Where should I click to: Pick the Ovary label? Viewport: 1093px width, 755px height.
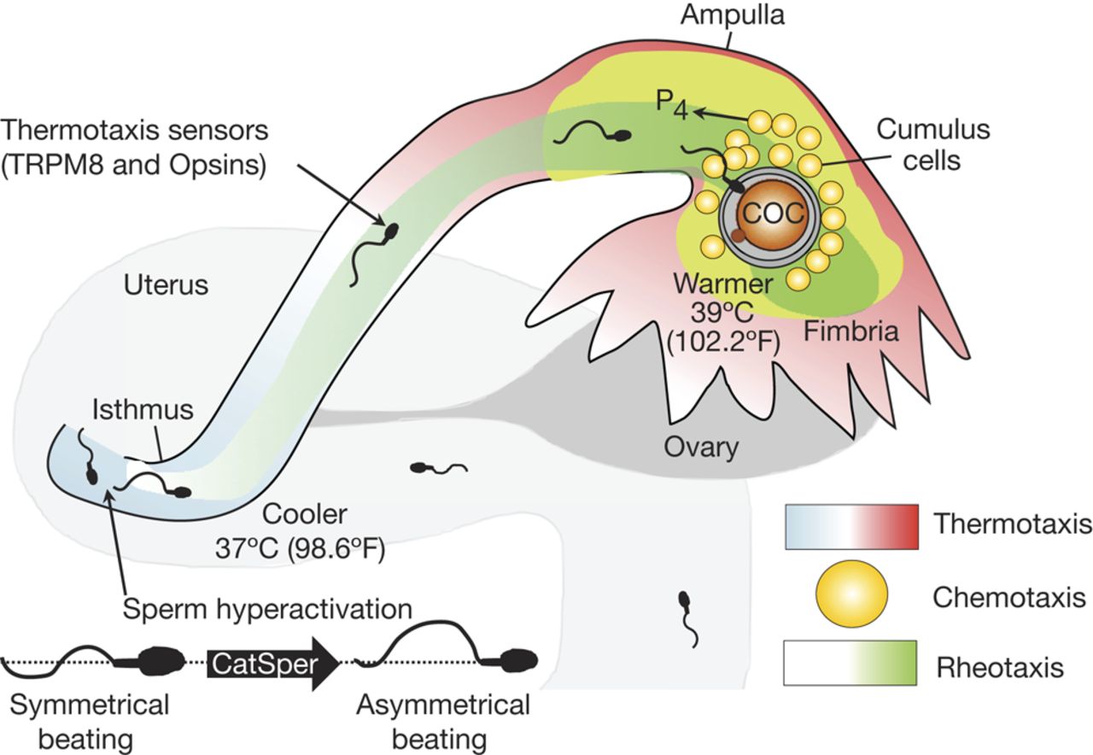pyautogui.click(x=700, y=446)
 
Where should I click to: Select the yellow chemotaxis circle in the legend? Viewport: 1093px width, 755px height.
pyautogui.click(x=850, y=594)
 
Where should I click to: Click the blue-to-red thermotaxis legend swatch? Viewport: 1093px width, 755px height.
pyautogui.click(x=850, y=527)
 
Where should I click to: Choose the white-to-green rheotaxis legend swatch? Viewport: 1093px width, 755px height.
pyautogui.click(x=850, y=663)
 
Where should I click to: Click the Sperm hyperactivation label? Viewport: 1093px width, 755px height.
pyautogui.click(x=268, y=610)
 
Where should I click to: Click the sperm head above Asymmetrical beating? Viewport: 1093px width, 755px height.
pyautogui.click(x=518, y=660)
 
